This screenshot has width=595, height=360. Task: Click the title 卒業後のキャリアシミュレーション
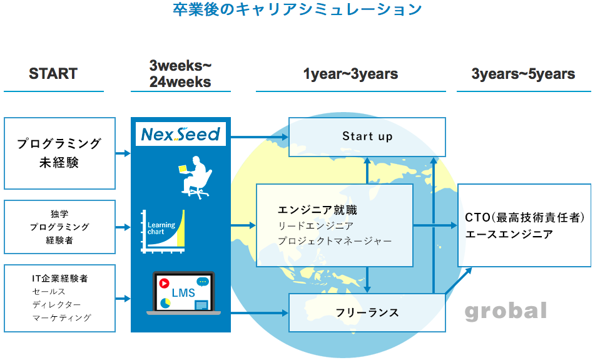(297, 10)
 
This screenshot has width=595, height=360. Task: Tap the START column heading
(53, 74)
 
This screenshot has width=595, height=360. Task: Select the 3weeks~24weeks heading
(180, 74)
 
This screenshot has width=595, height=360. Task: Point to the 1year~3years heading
(350, 74)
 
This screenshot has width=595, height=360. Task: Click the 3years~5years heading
(523, 74)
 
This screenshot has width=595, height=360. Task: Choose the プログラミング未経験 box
(59, 153)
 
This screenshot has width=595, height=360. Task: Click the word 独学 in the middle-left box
(59, 213)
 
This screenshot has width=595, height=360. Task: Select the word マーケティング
(61, 317)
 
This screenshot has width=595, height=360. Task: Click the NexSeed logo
(180, 134)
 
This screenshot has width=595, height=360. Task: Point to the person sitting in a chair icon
(195, 177)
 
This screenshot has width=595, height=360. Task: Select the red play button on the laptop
(165, 283)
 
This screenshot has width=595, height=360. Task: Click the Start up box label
(367, 136)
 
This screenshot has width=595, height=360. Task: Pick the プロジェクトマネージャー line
(335, 241)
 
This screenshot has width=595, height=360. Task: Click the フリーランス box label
(367, 312)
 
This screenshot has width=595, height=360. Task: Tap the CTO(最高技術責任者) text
(524, 218)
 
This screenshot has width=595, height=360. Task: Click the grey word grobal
(506, 311)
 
